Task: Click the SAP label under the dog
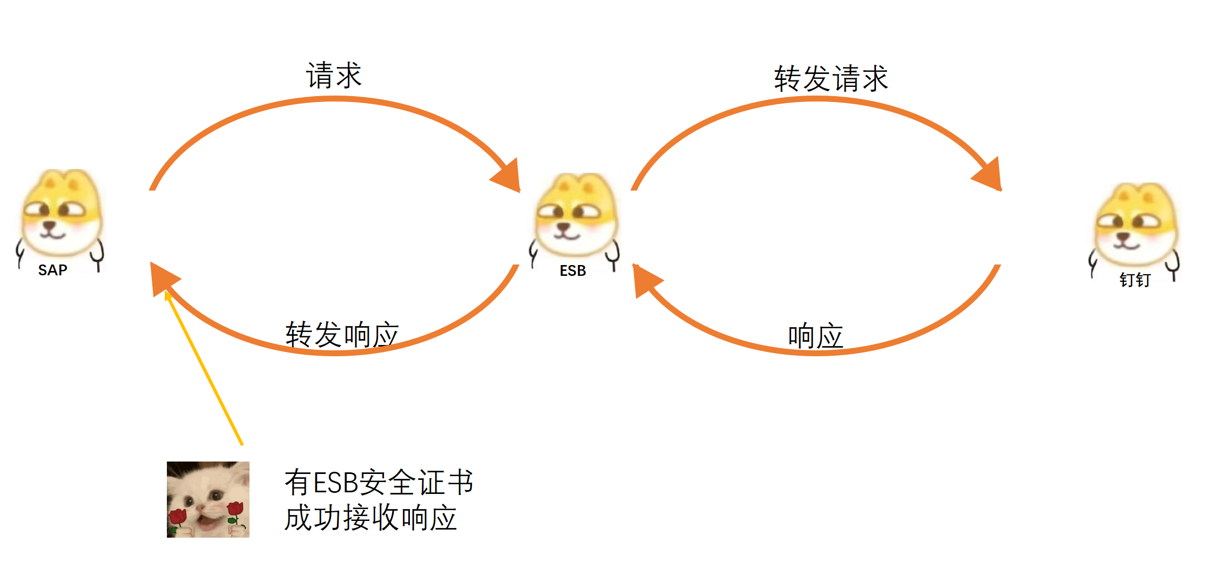click(x=52, y=270)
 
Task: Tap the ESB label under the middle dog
click(x=572, y=270)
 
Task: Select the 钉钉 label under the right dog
click(x=1135, y=280)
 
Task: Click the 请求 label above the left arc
click(x=334, y=75)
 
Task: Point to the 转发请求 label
click(x=831, y=79)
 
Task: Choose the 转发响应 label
click(x=342, y=334)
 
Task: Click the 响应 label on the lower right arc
click(x=815, y=336)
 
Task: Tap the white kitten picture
click(x=208, y=499)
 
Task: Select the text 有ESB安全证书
click(x=379, y=482)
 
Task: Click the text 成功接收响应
click(x=370, y=518)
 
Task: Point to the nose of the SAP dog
click(x=50, y=225)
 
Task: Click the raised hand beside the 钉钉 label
click(x=1172, y=267)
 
